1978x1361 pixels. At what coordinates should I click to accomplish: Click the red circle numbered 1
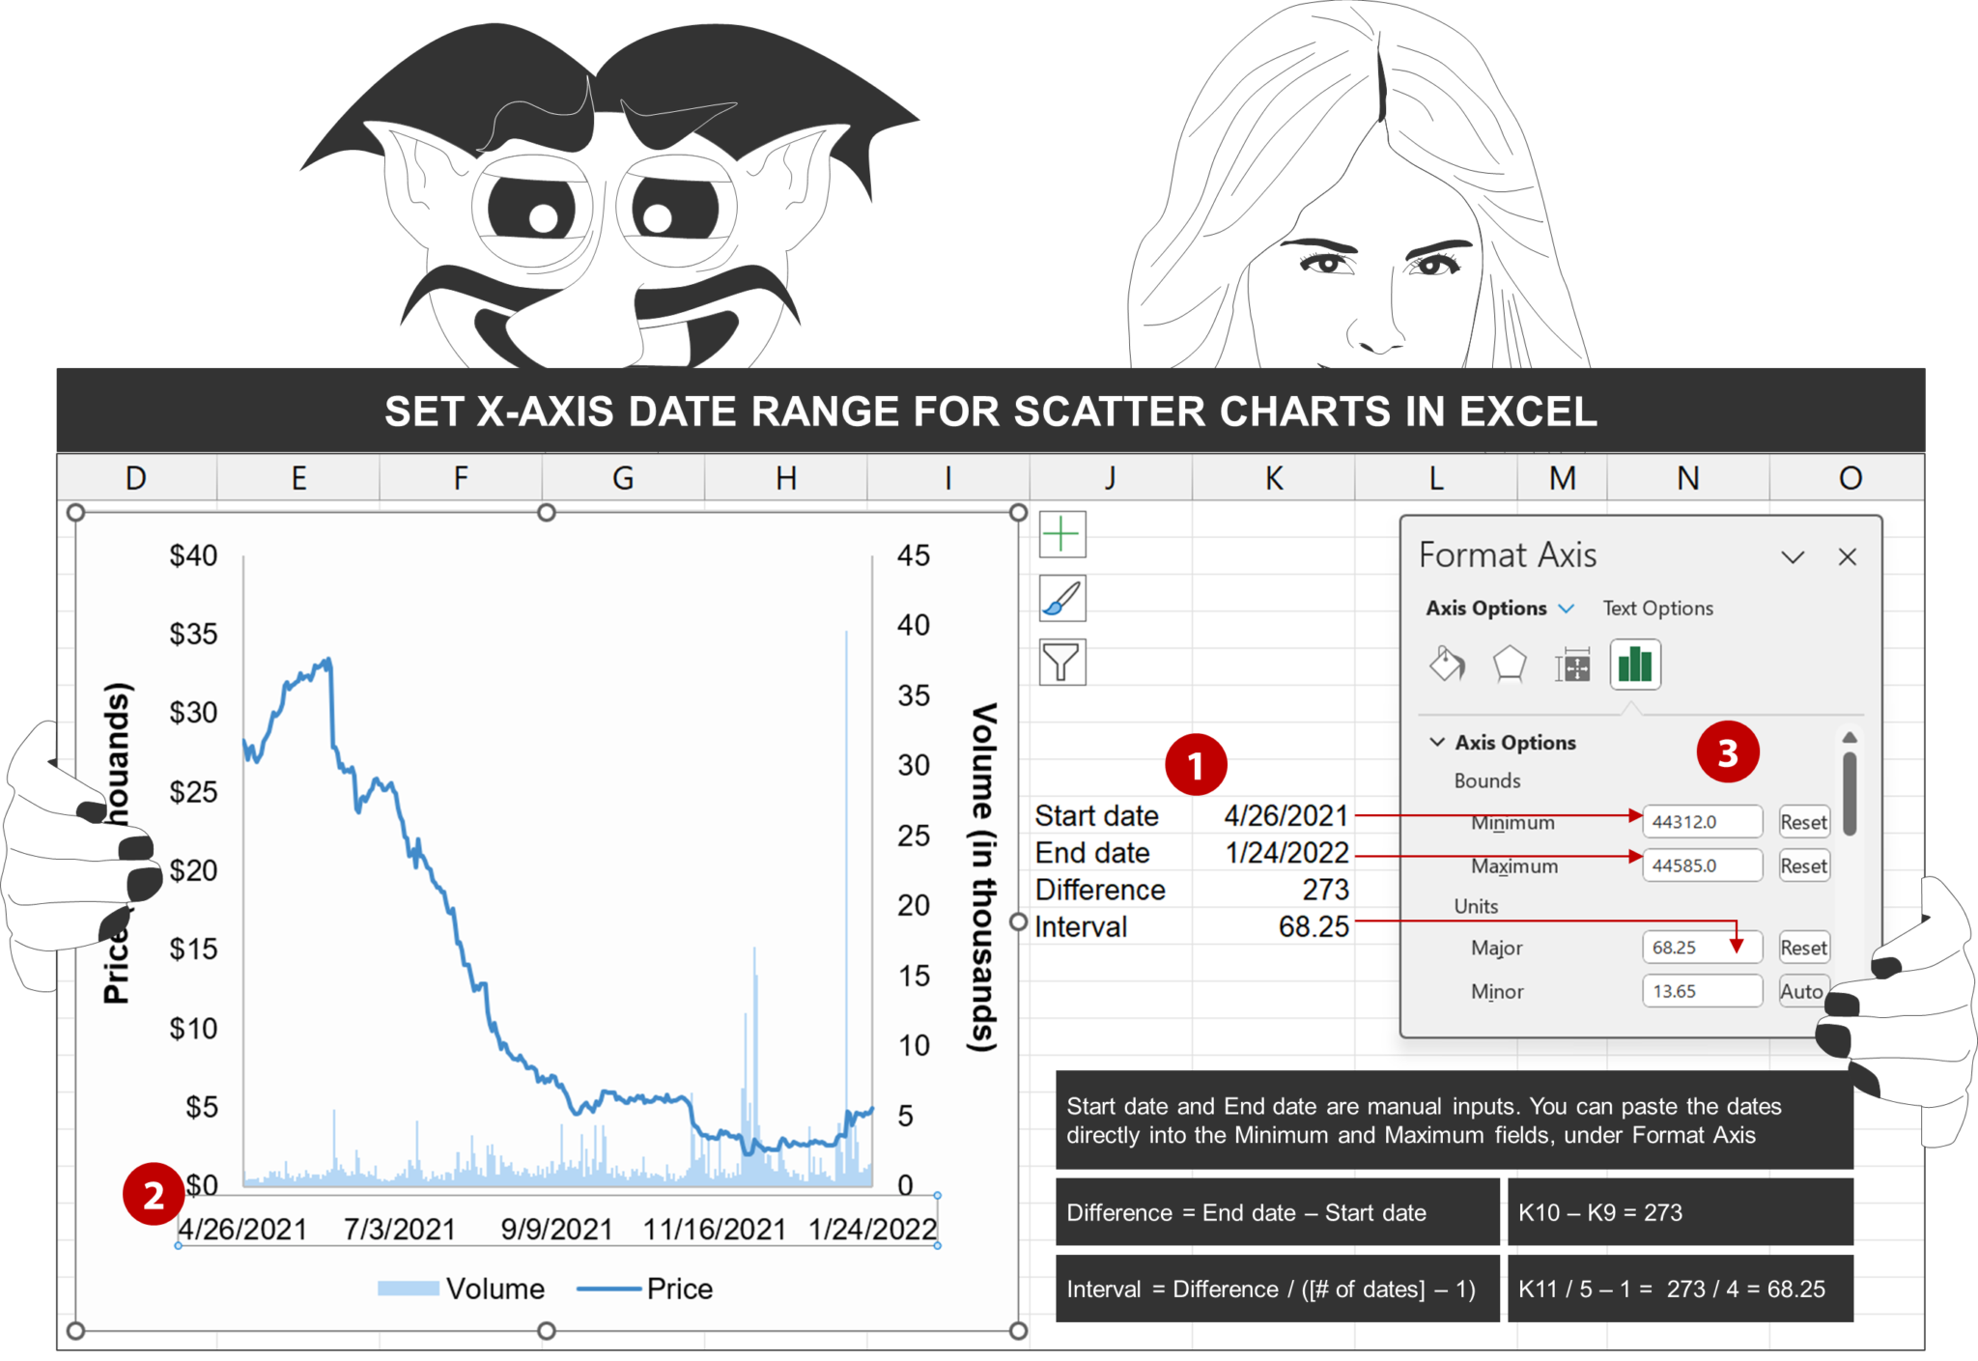(1196, 765)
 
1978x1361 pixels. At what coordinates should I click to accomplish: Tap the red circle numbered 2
(154, 1195)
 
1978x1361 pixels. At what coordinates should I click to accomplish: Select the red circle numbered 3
(1728, 752)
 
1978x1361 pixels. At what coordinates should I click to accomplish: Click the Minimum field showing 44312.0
(1701, 822)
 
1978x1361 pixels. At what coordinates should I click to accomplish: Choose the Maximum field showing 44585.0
(1701, 865)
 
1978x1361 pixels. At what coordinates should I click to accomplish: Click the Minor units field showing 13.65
(1701, 991)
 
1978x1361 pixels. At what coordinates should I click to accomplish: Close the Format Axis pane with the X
(1848, 557)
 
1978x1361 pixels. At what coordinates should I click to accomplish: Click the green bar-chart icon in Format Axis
(1635, 665)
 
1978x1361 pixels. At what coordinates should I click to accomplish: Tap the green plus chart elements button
(1061, 534)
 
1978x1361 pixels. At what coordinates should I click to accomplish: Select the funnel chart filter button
(1061, 663)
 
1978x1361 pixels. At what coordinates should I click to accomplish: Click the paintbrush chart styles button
(1061, 599)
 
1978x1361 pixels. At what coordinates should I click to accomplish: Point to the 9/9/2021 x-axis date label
(556, 1230)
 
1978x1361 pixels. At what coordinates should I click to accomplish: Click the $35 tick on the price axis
(193, 635)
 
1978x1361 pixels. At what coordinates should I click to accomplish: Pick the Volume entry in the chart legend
(494, 1289)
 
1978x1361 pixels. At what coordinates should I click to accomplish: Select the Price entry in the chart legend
(679, 1289)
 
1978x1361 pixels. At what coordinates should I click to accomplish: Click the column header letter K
(1274, 478)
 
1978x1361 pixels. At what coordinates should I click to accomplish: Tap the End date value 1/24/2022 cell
(1286, 853)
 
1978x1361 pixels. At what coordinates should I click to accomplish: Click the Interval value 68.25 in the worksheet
(1314, 927)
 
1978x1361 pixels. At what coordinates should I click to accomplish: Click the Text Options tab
(1657, 609)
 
